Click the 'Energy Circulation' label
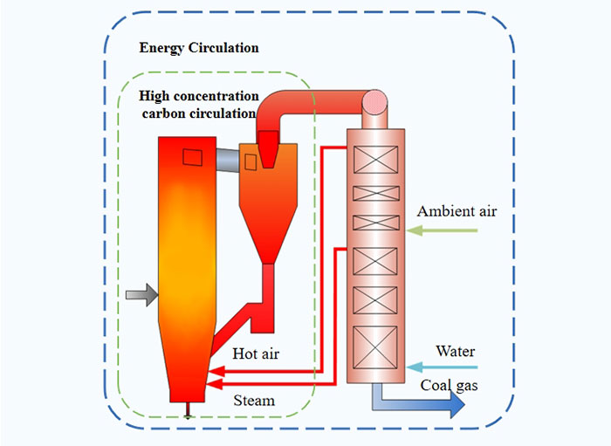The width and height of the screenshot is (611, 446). [x=199, y=48]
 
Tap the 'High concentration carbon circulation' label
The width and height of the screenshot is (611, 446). [x=200, y=105]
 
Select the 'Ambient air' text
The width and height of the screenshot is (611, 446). [x=457, y=211]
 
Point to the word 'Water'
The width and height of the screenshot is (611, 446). [x=456, y=351]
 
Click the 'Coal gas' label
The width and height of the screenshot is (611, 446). [x=450, y=385]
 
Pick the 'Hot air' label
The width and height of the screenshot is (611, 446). [x=256, y=353]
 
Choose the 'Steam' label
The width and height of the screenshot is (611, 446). [x=254, y=401]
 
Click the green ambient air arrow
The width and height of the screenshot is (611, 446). [x=443, y=230]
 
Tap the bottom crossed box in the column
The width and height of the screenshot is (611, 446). [x=374, y=345]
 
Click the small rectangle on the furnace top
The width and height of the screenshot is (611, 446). [x=193, y=156]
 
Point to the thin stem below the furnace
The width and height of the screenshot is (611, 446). [x=189, y=408]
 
